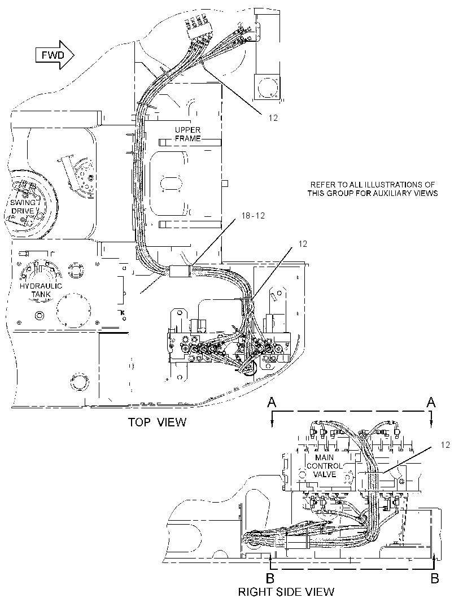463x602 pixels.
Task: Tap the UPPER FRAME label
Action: pos(187,134)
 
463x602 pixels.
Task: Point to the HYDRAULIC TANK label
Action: pos(41,290)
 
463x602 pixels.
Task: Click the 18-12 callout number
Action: pos(253,215)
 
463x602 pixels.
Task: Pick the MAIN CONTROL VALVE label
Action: pos(325,466)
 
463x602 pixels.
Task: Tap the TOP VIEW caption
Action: pos(157,422)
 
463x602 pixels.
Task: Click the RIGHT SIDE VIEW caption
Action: pos(286,592)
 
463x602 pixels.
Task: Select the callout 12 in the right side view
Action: pos(445,445)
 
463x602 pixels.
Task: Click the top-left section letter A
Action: pos(272,402)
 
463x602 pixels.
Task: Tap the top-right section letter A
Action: pos(431,402)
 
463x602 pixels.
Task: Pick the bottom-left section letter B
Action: pos(270,578)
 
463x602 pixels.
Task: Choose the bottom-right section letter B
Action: pos(435,578)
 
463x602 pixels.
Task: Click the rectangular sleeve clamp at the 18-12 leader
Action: pos(180,271)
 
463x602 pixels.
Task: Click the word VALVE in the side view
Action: pos(325,474)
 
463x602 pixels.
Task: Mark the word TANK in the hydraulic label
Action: pos(41,294)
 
